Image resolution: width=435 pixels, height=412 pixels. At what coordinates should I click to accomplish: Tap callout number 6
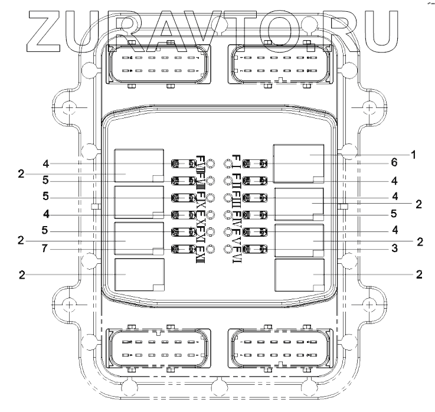(394, 162)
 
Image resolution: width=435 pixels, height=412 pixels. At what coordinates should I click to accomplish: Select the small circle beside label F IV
(228, 214)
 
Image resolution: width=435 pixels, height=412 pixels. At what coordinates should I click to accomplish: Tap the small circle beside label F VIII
(210, 180)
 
